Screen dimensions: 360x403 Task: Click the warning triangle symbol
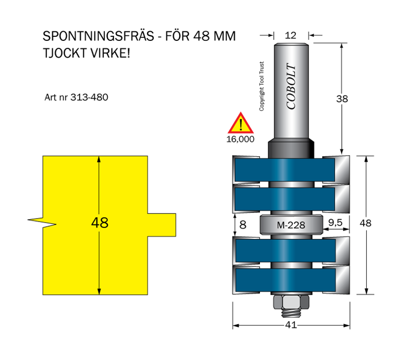click(241, 124)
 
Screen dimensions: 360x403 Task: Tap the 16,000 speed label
click(240, 139)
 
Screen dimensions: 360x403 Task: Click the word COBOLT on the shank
click(291, 86)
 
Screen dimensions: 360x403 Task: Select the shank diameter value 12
click(291, 35)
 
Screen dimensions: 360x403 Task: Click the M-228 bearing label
click(291, 224)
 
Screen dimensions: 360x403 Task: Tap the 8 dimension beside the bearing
click(243, 223)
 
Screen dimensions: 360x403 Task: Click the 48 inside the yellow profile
click(100, 223)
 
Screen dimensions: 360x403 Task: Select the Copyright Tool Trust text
click(262, 86)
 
